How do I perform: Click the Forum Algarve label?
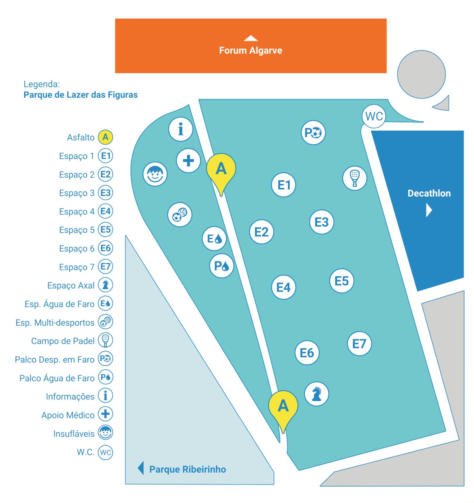coord(251,50)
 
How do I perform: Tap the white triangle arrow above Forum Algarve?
coord(251,38)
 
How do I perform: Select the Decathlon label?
coord(429,193)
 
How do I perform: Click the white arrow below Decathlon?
coord(429,210)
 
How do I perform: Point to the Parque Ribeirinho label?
coord(188,469)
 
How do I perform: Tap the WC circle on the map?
coord(374,116)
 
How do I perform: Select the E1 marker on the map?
coord(284,185)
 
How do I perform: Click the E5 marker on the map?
coord(342,281)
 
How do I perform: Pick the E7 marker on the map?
coord(359,344)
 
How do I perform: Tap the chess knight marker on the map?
coord(316,394)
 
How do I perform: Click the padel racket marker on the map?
coord(355,178)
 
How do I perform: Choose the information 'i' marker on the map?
coord(180,129)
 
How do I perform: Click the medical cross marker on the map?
coord(188,161)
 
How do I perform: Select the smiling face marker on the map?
coord(155,174)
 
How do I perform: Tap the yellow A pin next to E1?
coord(221,169)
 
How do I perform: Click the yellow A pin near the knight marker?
coord(283,406)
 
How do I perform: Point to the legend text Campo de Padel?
coord(63,341)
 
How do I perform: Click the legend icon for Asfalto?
coord(105,137)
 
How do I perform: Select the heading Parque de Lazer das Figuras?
coord(81,95)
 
